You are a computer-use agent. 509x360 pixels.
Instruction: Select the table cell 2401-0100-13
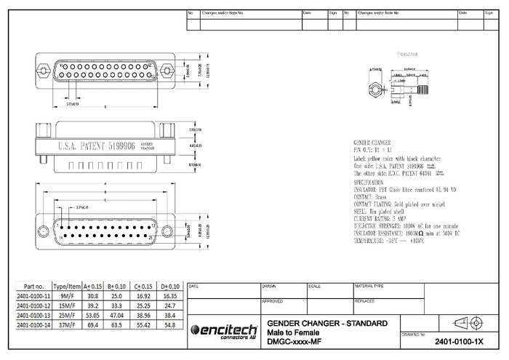[33, 317]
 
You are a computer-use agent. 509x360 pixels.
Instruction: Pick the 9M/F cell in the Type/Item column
[68, 296]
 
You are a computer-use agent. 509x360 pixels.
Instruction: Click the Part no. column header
[33, 286]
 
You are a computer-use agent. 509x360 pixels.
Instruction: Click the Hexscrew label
[407, 55]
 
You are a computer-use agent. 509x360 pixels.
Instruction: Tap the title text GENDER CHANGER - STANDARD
[327, 323]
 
